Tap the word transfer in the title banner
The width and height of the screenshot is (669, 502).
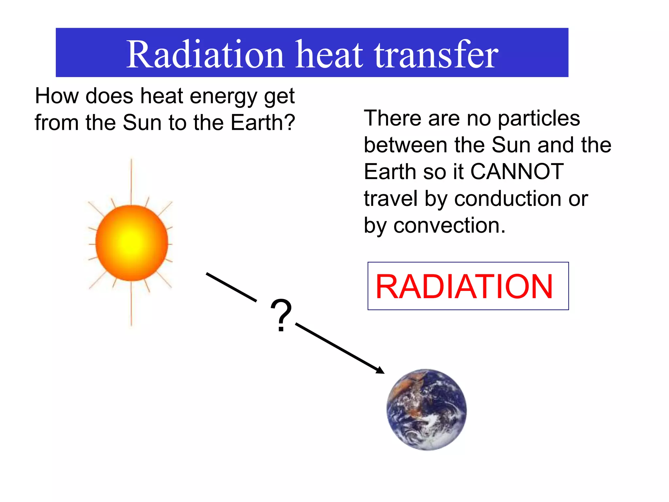point(436,54)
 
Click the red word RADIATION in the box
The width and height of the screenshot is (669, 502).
point(464,286)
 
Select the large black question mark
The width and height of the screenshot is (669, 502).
point(281,315)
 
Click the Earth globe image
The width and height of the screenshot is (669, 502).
point(427,410)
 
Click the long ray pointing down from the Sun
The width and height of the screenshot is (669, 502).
point(131,304)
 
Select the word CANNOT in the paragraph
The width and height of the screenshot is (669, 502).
point(517,171)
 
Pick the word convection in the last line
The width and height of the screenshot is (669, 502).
point(449,225)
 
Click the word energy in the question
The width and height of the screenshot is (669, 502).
point(224,96)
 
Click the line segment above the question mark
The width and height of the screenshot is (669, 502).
point(231,287)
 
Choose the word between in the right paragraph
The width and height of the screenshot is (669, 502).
point(405,144)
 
